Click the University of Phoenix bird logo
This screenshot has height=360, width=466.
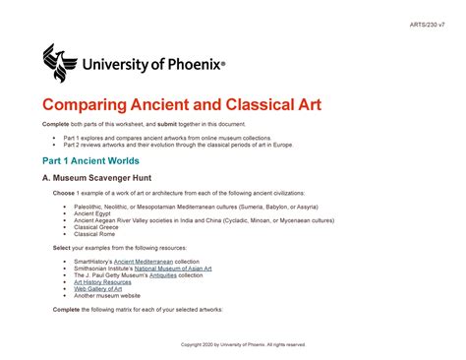[61, 62]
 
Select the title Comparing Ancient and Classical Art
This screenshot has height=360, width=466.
[181, 104]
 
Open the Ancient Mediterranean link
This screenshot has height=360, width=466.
[146, 261]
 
